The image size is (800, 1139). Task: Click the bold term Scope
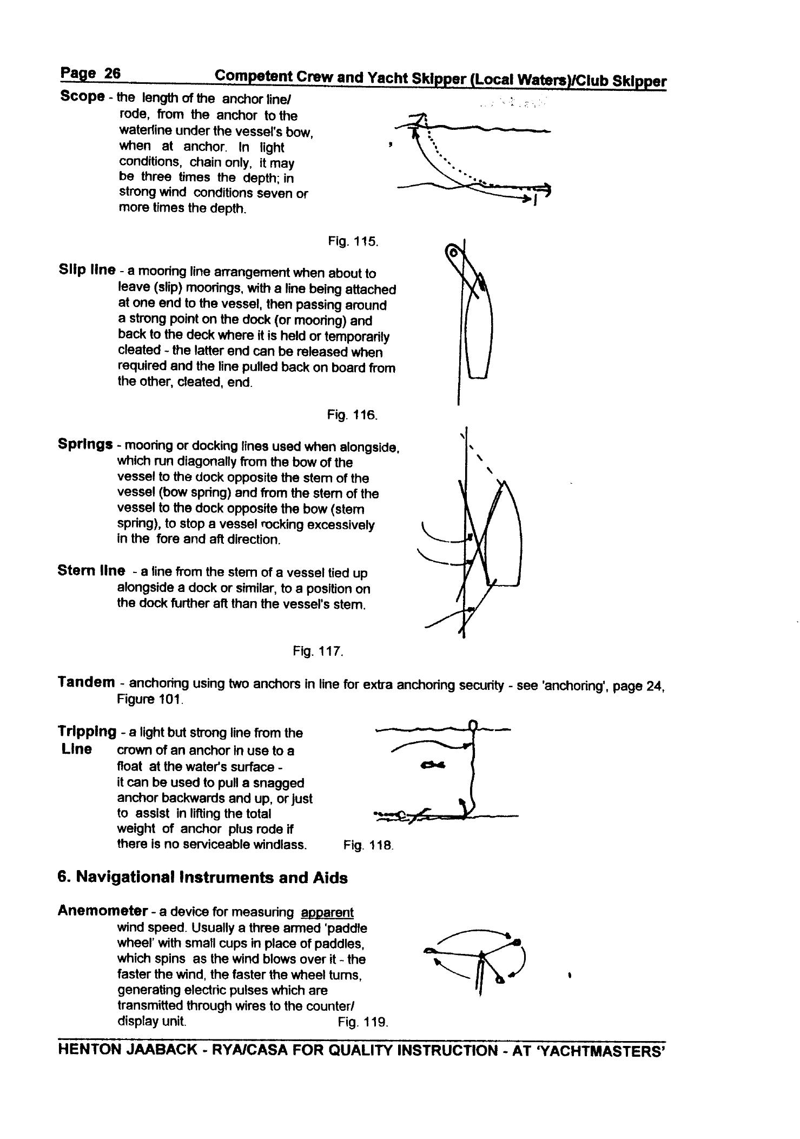coord(82,97)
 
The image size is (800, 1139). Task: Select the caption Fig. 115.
coord(353,241)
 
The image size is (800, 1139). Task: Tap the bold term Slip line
coord(87,270)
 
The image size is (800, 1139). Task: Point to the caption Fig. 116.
coord(352,415)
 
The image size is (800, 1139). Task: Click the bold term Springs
coord(85,445)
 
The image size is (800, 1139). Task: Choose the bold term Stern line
coord(91,571)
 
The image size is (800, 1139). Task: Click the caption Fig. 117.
coord(318,651)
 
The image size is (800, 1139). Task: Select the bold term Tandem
coord(86,682)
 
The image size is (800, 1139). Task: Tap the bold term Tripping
coord(87,732)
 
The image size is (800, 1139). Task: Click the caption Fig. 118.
coord(368,845)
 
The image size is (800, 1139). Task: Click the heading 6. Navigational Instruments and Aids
coord(202,878)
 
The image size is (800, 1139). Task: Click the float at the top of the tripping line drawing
coord(473,725)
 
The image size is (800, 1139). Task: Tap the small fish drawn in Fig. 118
coord(433,765)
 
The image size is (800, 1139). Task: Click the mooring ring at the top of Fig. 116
coord(453,252)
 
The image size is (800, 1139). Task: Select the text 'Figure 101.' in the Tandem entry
coord(150,700)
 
